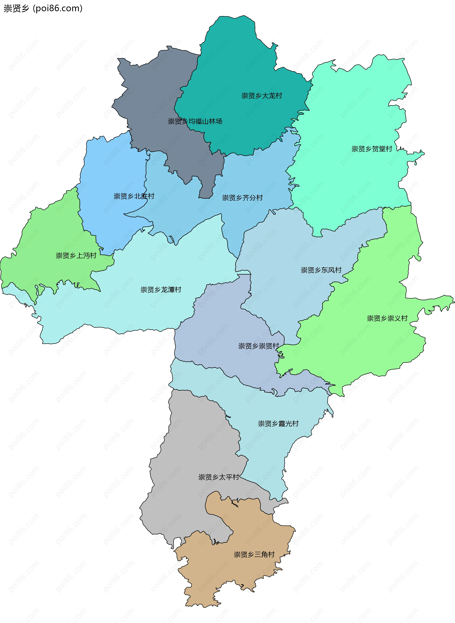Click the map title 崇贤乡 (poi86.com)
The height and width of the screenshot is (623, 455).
pyautogui.click(x=43, y=9)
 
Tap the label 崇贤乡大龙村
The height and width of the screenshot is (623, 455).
pyautogui.click(x=262, y=96)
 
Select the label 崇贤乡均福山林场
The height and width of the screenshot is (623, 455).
pyautogui.click(x=195, y=121)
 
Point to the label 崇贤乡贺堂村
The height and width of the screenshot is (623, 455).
pyautogui.click(x=372, y=149)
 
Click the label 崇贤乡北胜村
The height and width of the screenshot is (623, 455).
pyautogui.click(x=134, y=196)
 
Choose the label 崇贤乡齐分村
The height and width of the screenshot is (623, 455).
pyautogui.click(x=242, y=198)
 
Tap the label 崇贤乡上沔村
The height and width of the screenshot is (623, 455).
pyautogui.click(x=76, y=256)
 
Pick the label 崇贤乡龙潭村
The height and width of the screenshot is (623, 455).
pyautogui.click(x=161, y=289)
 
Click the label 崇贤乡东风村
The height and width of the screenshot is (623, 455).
pyautogui.click(x=321, y=270)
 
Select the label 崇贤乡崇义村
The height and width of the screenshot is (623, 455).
pyautogui.click(x=387, y=318)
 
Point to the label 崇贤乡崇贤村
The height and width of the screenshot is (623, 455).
pyautogui.click(x=259, y=346)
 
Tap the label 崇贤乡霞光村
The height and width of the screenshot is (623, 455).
pyautogui.click(x=278, y=423)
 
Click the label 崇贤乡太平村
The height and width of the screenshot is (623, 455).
pyautogui.click(x=219, y=477)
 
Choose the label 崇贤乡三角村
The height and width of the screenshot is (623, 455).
pyautogui.click(x=254, y=554)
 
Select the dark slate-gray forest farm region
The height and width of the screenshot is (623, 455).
pyautogui.click(x=154, y=91)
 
